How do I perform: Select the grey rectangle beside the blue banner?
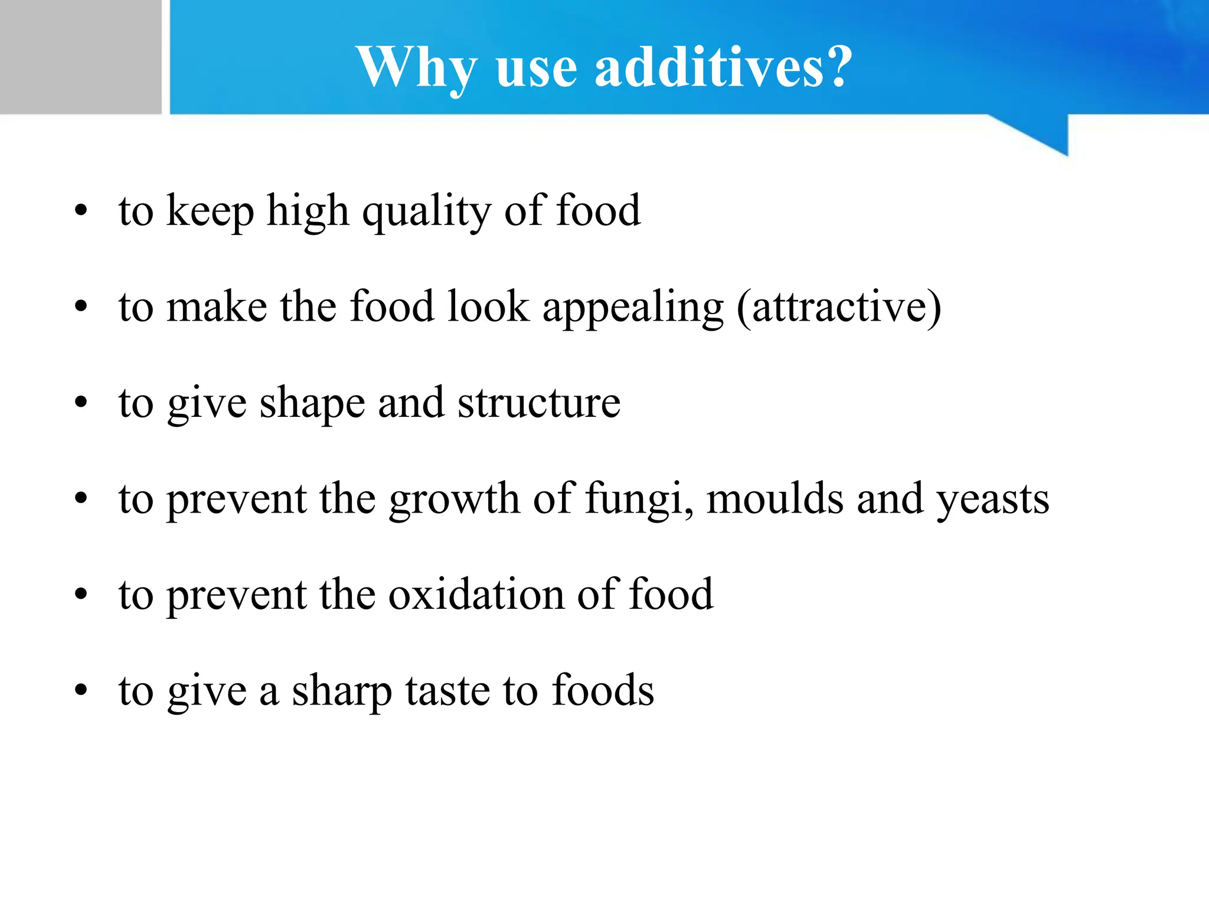coord(80,57)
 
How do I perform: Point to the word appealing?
coord(632,308)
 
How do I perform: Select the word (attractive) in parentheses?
coord(839,308)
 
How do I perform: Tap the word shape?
coord(312,404)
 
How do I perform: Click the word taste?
coord(447,691)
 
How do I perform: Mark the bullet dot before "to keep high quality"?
coord(81,211)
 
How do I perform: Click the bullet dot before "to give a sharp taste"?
coord(81,690)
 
